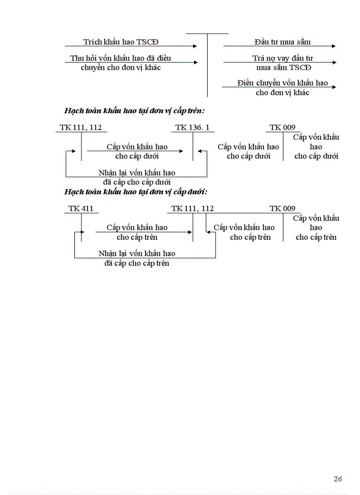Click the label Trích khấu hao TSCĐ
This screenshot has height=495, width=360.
[121, 42]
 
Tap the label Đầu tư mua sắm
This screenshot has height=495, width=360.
[282, 42]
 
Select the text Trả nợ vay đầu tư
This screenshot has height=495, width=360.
[283, 58]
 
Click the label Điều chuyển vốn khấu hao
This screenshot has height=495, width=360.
[282, 83]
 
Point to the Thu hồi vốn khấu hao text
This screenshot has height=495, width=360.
[120, 58]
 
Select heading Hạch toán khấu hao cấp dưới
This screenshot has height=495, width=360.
[135, 192]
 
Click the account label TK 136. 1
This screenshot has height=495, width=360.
[192, 127]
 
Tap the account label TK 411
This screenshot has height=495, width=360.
[81, 208]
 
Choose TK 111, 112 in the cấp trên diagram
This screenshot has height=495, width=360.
[81, 127]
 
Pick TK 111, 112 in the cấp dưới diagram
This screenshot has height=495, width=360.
[192, 208]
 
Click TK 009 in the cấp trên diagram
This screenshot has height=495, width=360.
[282, 127]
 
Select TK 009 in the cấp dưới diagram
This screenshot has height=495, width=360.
[282, 208]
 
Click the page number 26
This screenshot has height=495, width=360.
[338, 479]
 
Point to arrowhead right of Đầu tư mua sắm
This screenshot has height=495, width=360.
[333, 46]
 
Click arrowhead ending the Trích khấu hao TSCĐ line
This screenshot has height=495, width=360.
[195, 46]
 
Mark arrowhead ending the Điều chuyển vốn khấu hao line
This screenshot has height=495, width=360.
[333, 87]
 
